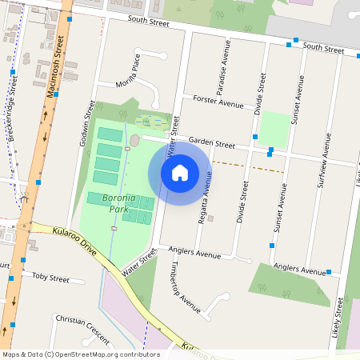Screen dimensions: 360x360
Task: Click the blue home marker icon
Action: coord(180,172)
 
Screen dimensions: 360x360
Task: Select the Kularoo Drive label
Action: coord(73,240)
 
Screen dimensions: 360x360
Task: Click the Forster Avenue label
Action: coord(218,102)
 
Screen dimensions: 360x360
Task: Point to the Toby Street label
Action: coord(50,277)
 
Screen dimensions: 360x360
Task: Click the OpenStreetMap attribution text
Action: coord(81,354)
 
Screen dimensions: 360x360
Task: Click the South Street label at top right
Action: coord(323,48)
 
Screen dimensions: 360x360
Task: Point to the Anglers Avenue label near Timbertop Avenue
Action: coord(195,254)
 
